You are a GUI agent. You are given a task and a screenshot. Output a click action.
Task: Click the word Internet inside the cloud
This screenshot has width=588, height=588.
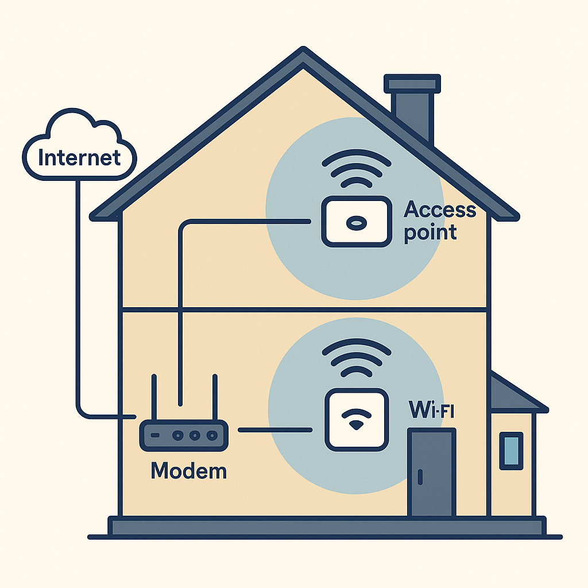coord(79,156)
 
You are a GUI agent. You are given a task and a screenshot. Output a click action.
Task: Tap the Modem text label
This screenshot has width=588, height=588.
coord(188,471)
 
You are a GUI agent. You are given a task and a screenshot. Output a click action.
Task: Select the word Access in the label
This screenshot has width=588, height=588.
coord(440,210)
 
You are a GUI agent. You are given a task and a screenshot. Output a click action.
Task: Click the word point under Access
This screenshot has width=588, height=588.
coord(430,233)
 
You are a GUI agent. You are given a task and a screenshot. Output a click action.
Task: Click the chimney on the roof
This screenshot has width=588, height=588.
coord(412,109)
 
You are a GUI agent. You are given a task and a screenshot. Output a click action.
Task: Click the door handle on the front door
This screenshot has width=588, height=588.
coord(420,477)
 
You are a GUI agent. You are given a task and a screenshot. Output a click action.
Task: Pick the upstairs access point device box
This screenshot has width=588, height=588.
coord(355,222)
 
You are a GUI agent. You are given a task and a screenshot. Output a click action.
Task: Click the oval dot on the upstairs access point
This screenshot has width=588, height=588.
coord(355,222)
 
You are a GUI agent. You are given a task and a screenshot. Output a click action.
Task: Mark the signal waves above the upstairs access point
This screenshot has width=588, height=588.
coord(355,169)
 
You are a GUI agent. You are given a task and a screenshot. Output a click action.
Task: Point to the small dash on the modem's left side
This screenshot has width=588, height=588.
coord(154,435)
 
